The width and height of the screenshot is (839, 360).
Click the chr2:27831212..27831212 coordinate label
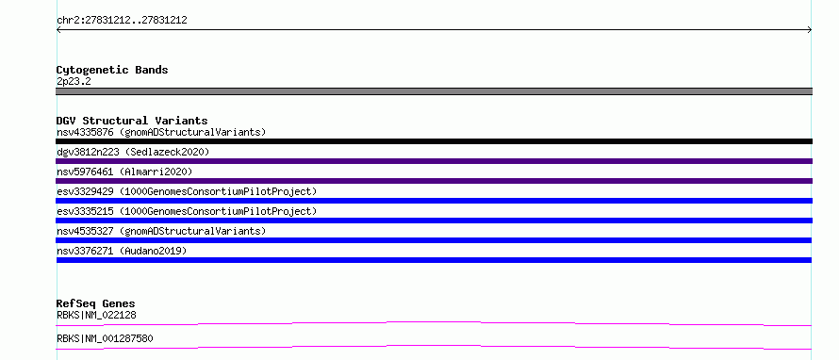point(122,21)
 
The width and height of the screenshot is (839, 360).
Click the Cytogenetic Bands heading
point(112,70)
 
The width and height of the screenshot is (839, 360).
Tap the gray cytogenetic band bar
point(434,91)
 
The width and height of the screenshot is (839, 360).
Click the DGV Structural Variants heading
point(132,121)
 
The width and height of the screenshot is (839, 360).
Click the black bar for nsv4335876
point(434,141)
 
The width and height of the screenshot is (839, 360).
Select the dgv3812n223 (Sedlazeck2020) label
point(133,152)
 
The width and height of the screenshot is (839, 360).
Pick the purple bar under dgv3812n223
point(434,161)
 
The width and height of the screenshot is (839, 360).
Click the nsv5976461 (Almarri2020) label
point(124,172)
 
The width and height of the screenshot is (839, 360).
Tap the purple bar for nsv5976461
point(434,181)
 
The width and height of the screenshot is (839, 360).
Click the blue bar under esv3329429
point(434,201)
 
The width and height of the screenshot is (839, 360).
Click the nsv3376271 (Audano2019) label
point(122,251)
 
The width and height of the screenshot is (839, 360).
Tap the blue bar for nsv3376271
point(434,260)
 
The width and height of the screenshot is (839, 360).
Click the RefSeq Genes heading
point(95,303)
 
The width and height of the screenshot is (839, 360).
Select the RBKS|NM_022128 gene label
point(96,316)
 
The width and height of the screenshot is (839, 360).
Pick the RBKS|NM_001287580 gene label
point(105,339)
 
